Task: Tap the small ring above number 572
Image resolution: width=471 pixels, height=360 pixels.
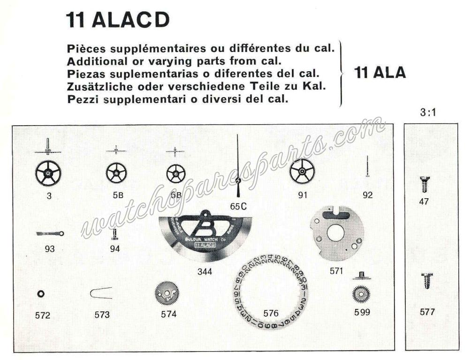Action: tap(40, 294)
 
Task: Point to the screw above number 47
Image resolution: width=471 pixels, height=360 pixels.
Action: tap(425, 184)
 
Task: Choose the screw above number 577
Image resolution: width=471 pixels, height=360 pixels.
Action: tap(427, 282)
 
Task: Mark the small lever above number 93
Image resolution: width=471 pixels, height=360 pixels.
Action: tap(50, 233)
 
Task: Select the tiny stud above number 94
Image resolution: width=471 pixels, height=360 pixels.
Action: tap(114, 233)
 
